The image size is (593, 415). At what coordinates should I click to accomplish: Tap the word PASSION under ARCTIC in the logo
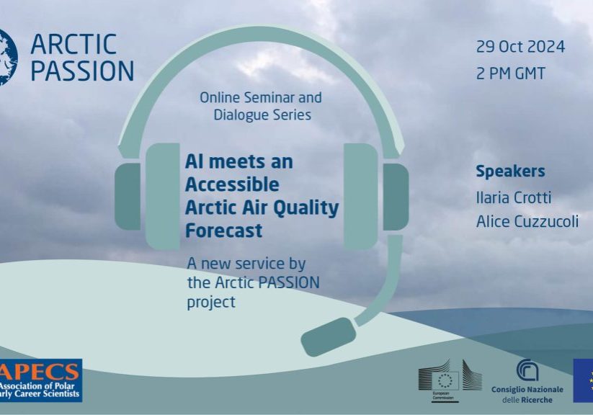point(81,71)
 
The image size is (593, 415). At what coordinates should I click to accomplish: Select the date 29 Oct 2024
point(520,47)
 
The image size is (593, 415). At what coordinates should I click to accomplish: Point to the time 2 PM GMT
point(510,73)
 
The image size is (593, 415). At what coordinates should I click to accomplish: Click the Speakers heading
point(510,171)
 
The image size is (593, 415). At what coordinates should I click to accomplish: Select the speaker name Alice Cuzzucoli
point(527,222)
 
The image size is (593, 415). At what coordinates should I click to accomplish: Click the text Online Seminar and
point(260,97)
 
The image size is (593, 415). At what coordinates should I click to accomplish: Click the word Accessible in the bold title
point(231,184)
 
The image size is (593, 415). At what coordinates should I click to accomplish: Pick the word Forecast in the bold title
point(223,231)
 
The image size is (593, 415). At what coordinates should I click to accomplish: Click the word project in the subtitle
point(211,302)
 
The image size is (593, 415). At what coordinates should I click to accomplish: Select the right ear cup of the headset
point(375,195)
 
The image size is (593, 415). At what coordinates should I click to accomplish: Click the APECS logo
point(41,380)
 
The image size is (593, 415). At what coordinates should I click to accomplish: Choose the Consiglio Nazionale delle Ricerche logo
point(527,380)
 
